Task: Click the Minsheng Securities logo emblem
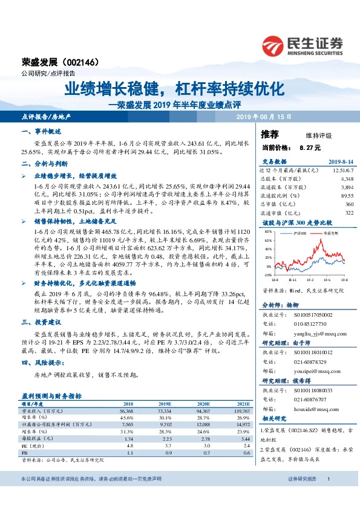[x=275, y=45]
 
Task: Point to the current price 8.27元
[x=310, y=147]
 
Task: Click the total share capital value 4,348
[x=347, y=179]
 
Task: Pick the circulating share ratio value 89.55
[x=347, y=196]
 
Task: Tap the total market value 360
[x=349, y=204]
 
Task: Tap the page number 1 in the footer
[x=328, y=496]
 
